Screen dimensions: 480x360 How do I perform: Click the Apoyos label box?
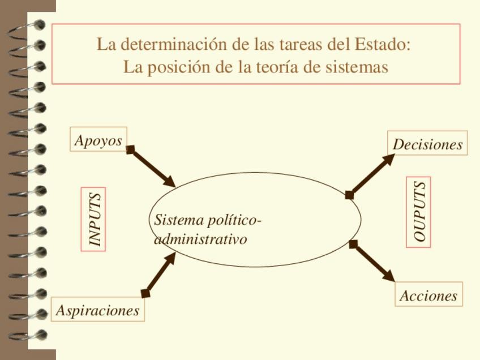pyautogui.click(x=98, y=140)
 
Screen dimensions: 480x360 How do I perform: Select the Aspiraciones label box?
pyautogui.click(x=97, y=310)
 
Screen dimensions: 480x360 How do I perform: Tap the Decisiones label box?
pyautogui.click(x=427, y=144)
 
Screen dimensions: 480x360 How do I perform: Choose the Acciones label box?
pyautogui.click(x=428, y=295)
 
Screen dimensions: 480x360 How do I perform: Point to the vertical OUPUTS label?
pyautogui.click(x=418, y=212)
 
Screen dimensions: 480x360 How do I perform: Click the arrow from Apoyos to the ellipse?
pyautogui.click(x=153, y=168)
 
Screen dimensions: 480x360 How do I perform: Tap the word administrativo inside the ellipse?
pyautogui.click(x=200, y=239)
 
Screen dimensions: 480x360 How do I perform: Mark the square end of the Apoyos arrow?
pyautogui.click(x=130, y=150)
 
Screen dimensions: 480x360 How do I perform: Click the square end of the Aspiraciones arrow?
pyautogui.click(x=145, y=293)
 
